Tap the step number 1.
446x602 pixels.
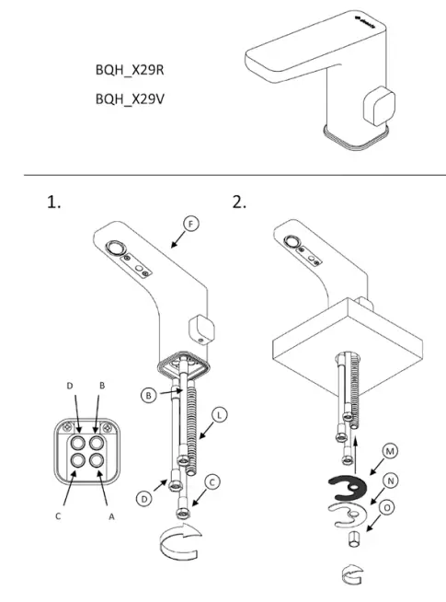coord(54,203)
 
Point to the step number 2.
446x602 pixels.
coord(240,203)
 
